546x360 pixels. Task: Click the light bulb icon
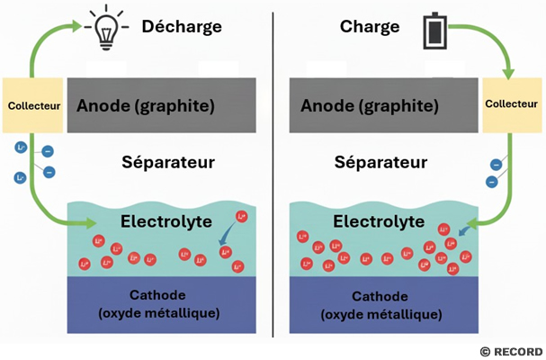[106, 30]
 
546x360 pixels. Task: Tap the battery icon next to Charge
[435, 31]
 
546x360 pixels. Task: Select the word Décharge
[182, 27]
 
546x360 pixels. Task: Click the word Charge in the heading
[370, 27]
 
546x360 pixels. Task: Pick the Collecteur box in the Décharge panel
[32, 105]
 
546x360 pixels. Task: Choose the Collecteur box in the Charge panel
[512, 105]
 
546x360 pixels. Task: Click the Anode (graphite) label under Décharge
[146, 106]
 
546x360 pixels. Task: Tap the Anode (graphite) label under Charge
[370, 106]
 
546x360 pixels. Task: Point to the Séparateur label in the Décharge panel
[168, 162]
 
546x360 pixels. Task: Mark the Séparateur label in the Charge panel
[381, 162]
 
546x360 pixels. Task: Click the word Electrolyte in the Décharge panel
[166, 221]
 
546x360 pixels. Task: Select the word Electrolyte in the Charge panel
[379, 221]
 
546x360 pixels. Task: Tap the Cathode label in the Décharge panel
[157, 295]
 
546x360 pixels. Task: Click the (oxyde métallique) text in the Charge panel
[381, 315]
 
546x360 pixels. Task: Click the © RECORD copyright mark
[511, 352]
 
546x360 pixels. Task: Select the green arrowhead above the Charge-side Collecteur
[508, 74]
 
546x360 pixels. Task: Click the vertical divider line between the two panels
[273, 175]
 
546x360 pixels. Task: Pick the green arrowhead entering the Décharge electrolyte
[91, 223]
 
